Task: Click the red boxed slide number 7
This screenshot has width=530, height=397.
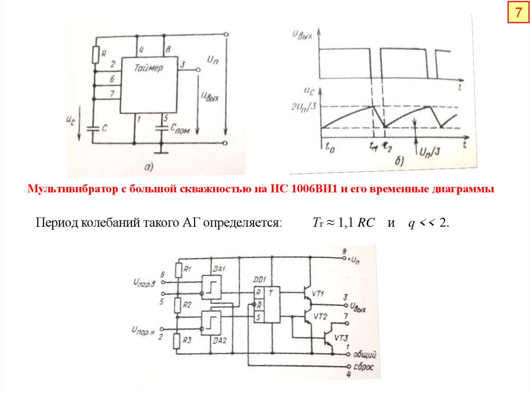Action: [517, 13]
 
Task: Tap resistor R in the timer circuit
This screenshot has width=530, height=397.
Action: [95, 53]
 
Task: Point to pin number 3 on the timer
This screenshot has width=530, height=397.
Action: [182, 65]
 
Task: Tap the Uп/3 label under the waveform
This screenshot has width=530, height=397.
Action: [431, 153]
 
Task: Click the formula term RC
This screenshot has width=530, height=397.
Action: [367, 223]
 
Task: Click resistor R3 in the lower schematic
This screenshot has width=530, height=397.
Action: [178, 340]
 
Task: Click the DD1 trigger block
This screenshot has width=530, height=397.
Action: [266, 305]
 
